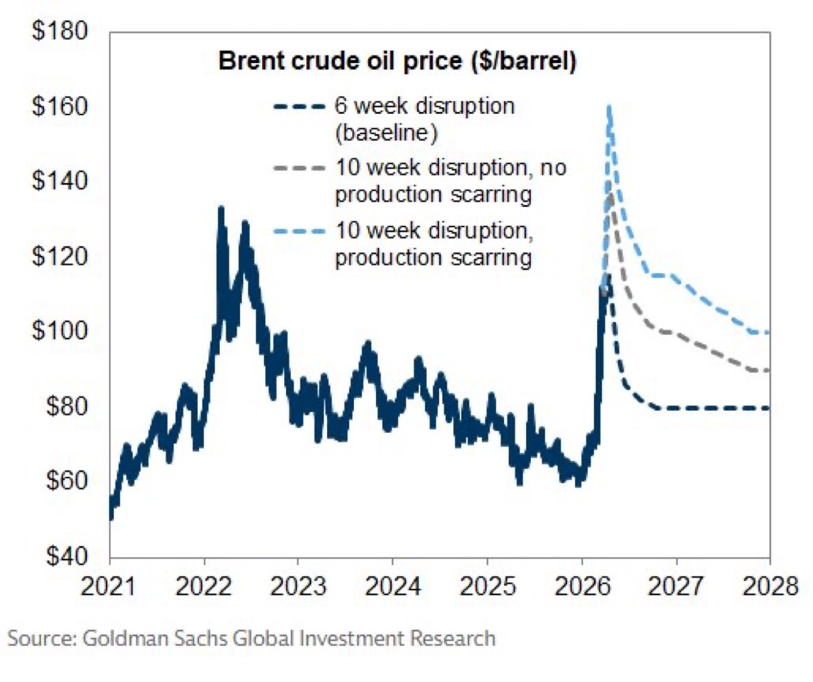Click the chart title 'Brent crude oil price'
[x=397, y=61]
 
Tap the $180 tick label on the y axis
[x=60, y=31]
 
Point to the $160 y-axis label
[x=60, y=107]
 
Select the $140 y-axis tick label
[x=60, y=182]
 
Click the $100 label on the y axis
[x=60, y=331]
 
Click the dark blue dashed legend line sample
[x=298, y=107]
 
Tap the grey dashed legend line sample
[x=298, y=168]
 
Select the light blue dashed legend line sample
[x=298, y=231]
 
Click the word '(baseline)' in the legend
[x=385, y=133]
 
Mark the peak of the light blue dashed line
[x=609, y=106]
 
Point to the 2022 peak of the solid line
[x=221, y=208]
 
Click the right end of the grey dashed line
[x=768, y=370]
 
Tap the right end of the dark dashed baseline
[x=768, y=408]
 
